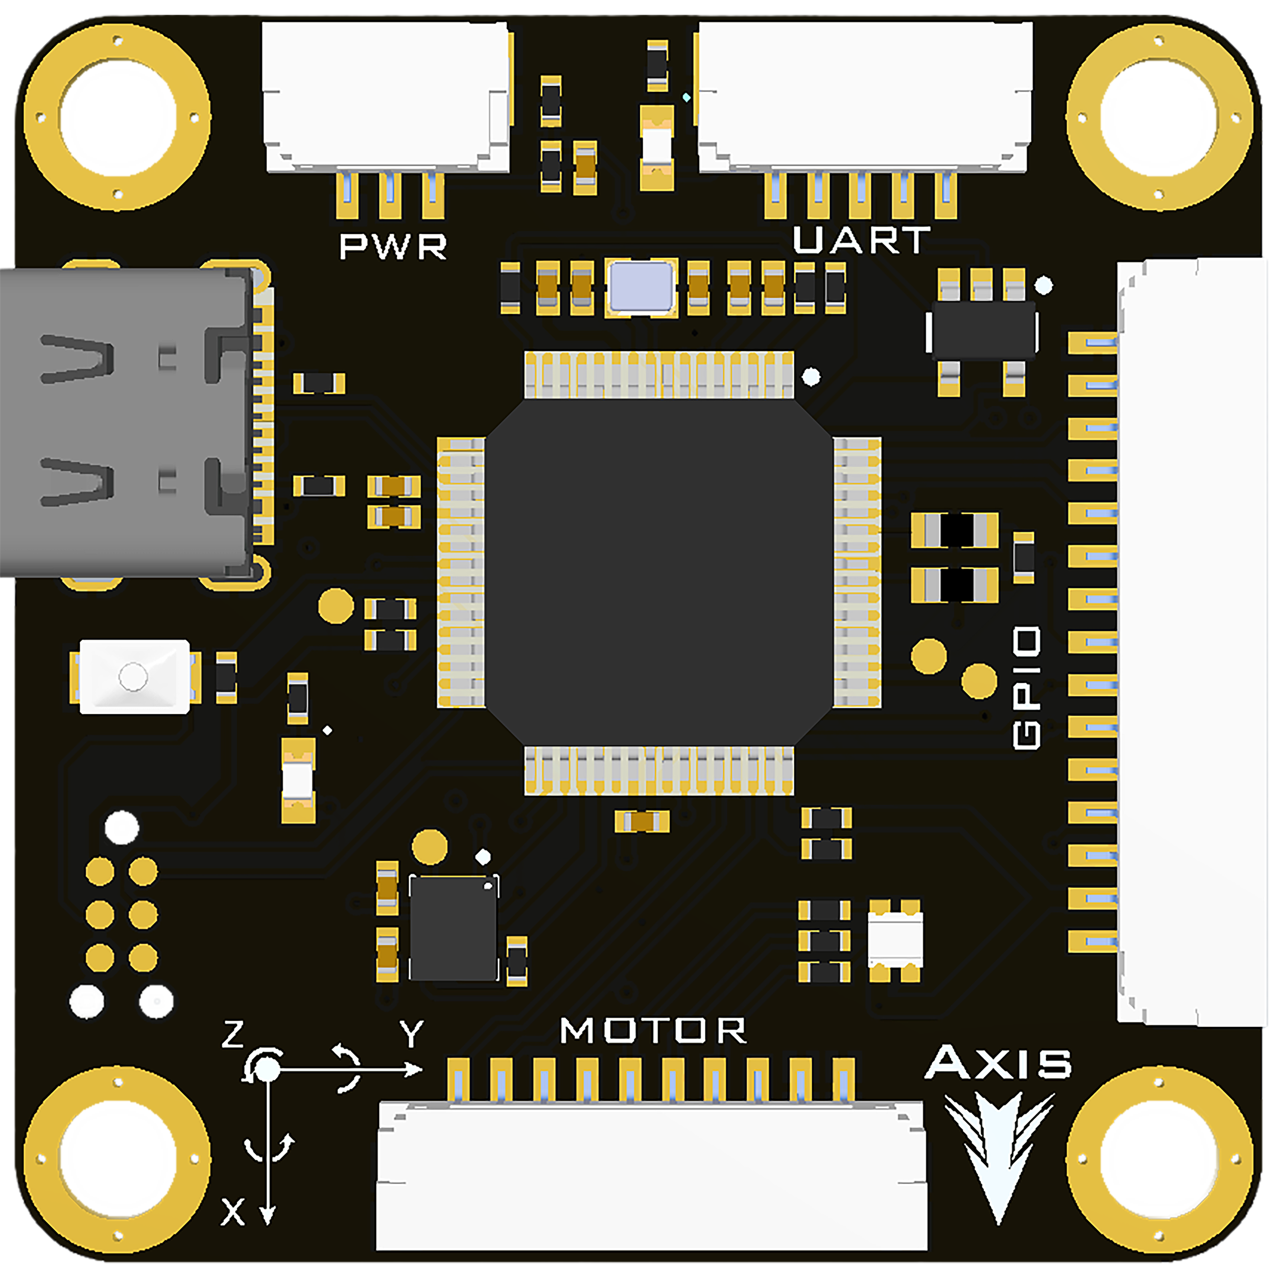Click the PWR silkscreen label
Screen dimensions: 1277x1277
coord(393,247)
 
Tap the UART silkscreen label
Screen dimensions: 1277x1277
coord(861,241)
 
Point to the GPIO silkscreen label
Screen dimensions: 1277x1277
coord(1027,688)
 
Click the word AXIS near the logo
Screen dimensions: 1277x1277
coord(998,1063)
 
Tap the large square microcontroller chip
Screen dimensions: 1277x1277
coord(658,573)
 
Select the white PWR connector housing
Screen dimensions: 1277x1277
coord(386,96)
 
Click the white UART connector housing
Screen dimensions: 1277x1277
coord(865,96)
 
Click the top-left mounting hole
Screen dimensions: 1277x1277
coord(117,117)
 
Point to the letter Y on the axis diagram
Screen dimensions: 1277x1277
coord(411,1034)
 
